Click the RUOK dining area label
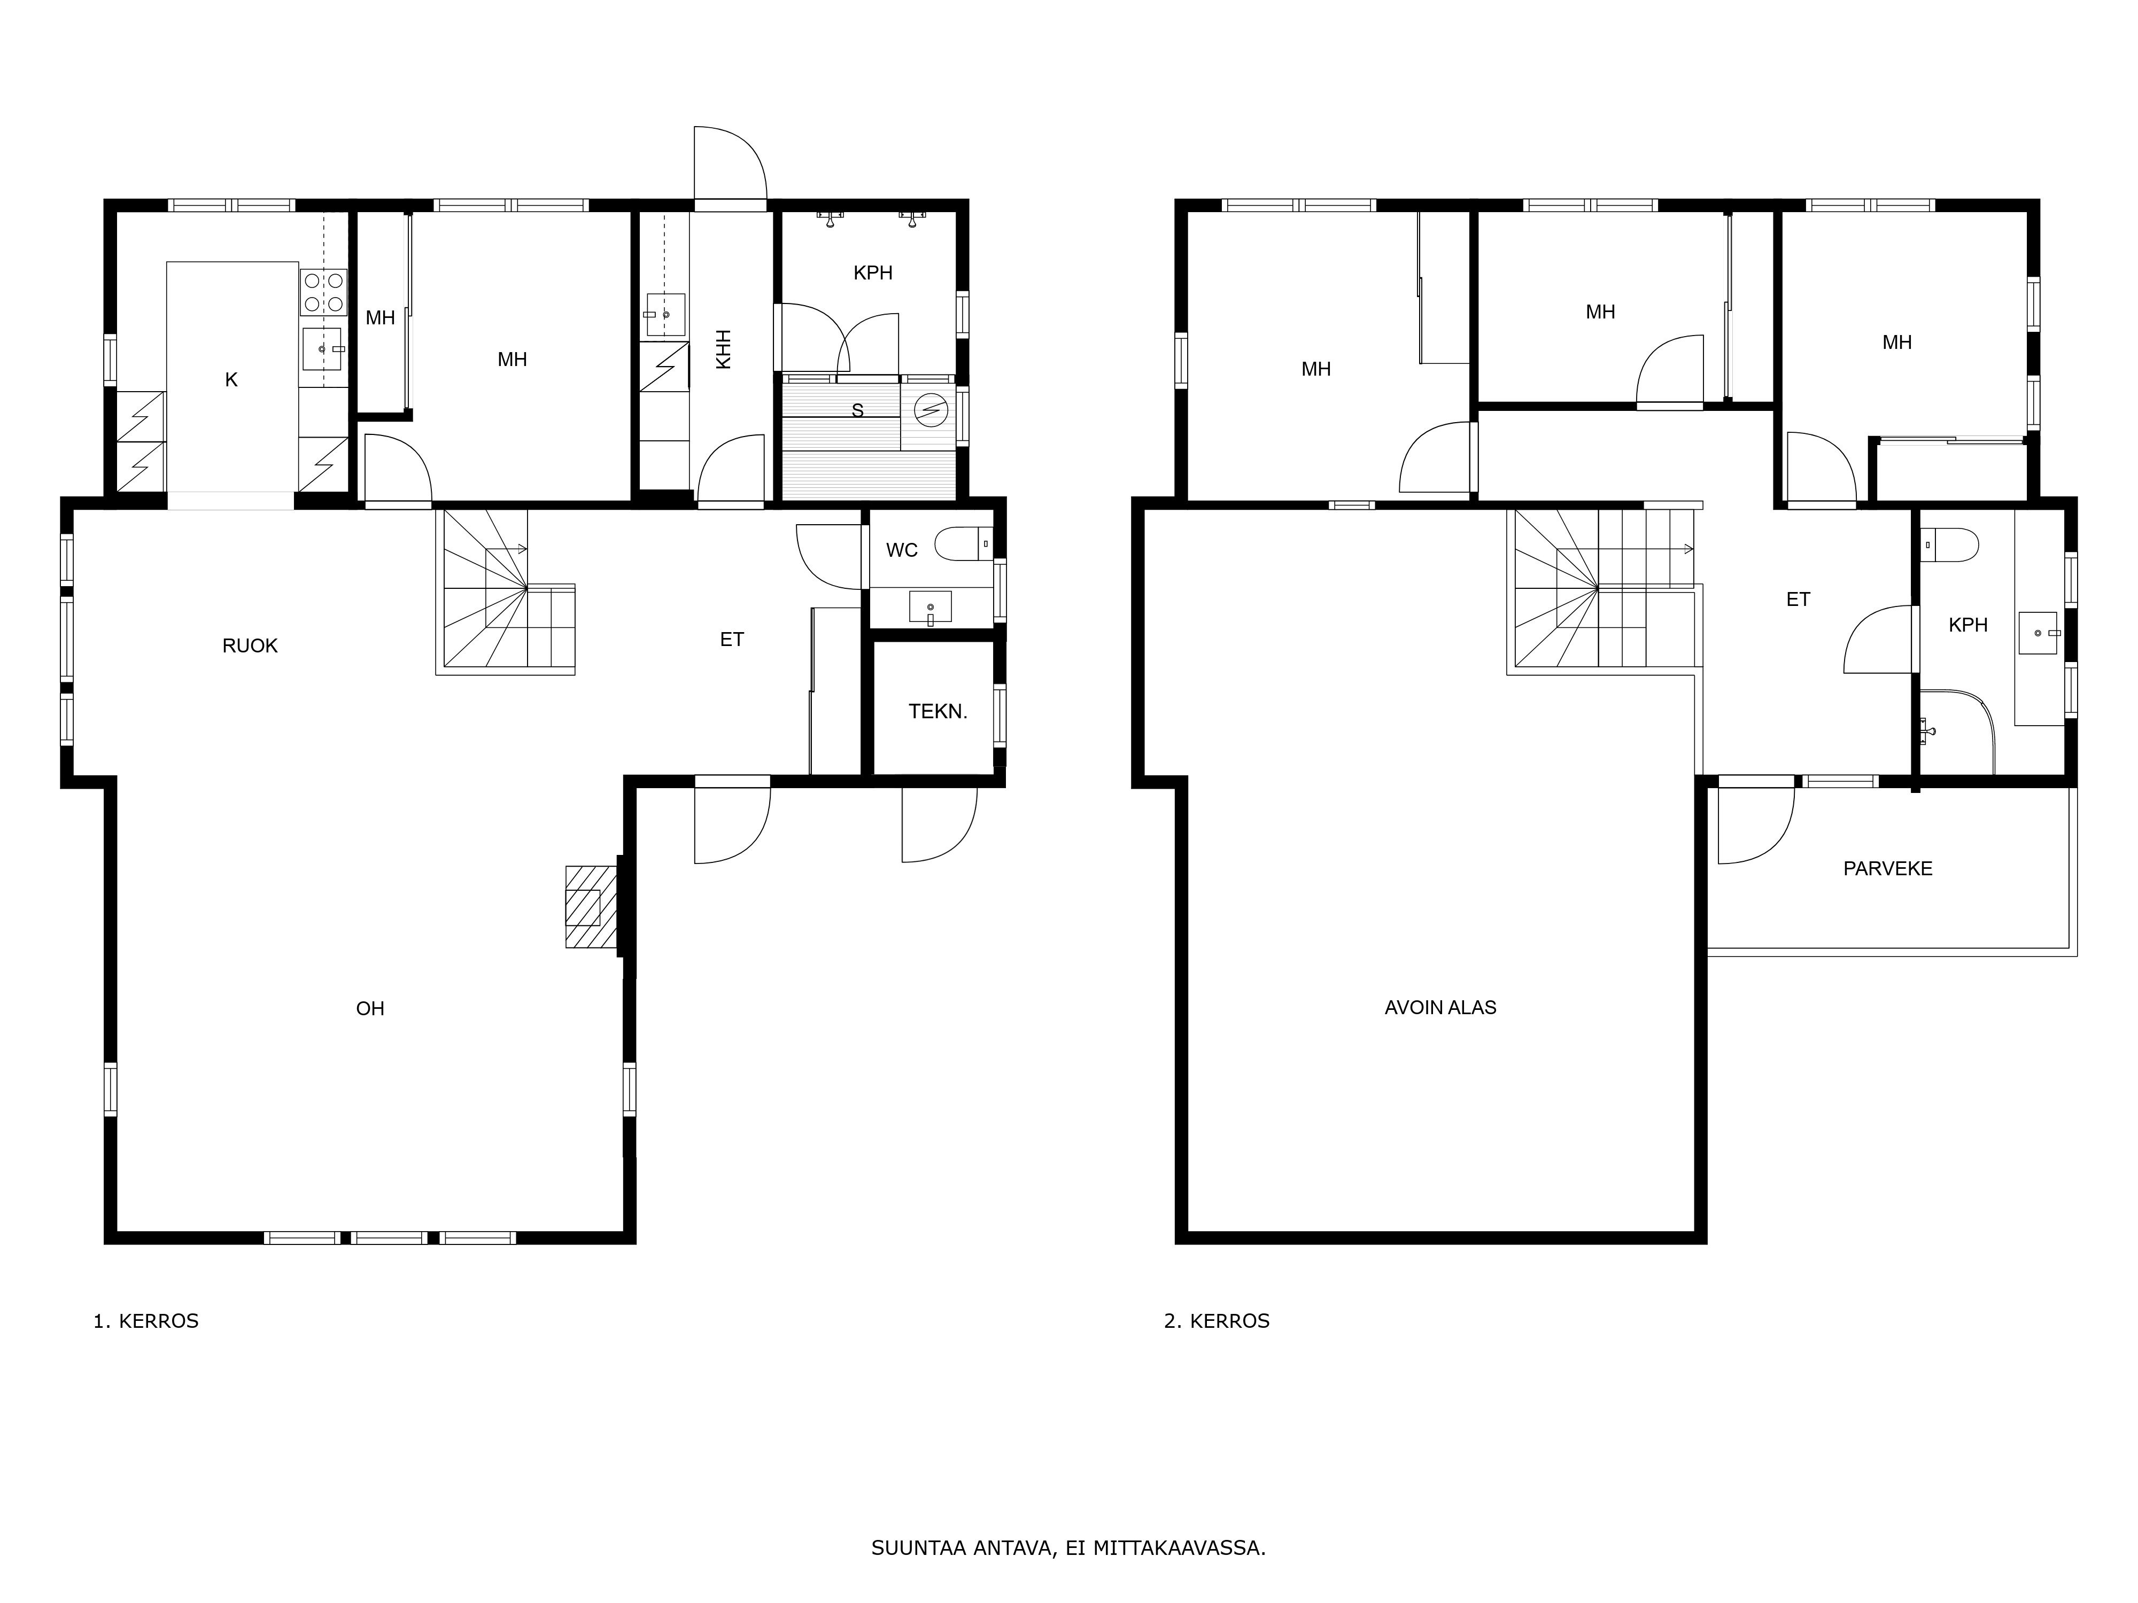tap(250, 645)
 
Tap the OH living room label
tap(370, 1009)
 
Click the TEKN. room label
tap(938, 712)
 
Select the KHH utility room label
tap(723, 350)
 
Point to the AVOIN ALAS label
tap(1440, 1008)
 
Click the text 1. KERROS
tap(146, 1321)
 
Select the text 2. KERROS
tap(1217, 1321)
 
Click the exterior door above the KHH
tap(730, 164)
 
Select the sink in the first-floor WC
tap(930, 607)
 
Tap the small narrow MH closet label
tap(380, 318)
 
